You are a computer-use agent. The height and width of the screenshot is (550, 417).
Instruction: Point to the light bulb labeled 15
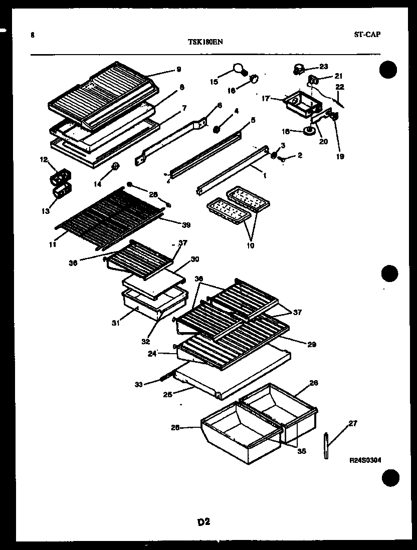[x=238, y=68]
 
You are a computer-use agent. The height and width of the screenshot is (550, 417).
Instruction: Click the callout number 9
[x=178, y=70]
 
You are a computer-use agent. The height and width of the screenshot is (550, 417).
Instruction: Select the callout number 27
[x=352, y=423]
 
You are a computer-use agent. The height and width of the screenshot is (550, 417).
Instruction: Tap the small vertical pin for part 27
[x=326, y=445]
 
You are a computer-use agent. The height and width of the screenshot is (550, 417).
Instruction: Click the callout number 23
[x=323, y=66]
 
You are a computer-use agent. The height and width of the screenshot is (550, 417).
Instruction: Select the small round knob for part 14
[x=115, y=166]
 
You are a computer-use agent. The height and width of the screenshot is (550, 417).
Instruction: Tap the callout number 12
[x=43, y=160]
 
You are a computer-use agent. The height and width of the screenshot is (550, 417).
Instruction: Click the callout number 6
[x=220, y=106]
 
